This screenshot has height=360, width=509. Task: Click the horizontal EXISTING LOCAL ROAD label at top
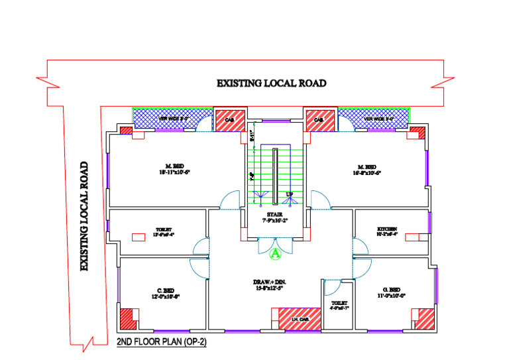(x=272, y=84)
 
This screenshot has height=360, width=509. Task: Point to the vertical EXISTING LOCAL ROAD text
(x=84, y=216)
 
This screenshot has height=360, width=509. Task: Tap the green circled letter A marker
(x=277, y=253)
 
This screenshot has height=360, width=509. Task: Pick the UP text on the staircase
(x=289, y=194)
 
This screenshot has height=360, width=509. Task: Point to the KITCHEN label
(x=387, y=230)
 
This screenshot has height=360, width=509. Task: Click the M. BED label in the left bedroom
(x=175, y=168)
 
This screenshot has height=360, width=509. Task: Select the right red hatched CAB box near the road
(x=319, y=120)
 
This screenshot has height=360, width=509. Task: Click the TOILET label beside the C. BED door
(x=164, y=231)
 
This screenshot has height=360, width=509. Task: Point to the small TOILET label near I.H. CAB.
(x=339, y=305)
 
